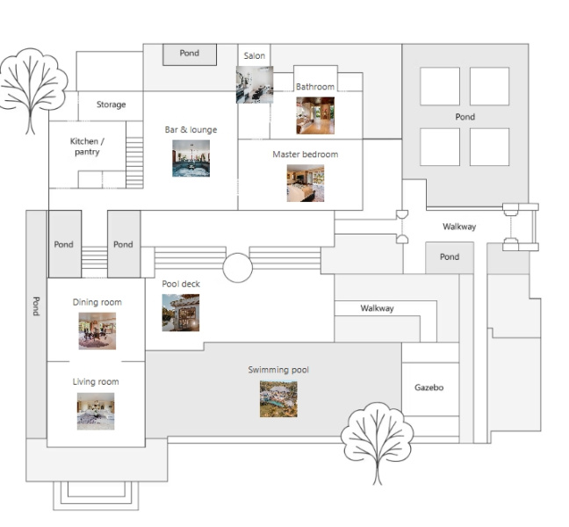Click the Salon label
[x=255, y=56]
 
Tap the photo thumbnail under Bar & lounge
[x=191, y=158]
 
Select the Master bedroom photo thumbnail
[x=306, y=184]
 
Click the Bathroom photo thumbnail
[x=315, y=115]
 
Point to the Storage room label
[x=111, y=105]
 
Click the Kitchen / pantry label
[x=87, y=147]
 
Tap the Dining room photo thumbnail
[x=97, y=331]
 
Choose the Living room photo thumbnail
[x=96, y=411]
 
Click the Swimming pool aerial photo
[x=278, y=399]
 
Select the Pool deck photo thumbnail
[x=181, y=313]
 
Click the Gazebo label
[x=429, y=387]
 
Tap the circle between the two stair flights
[x=238, y=268]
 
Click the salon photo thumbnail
[x=255, y=84]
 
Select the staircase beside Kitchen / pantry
[x=134, y=162]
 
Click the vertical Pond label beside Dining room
[x=36, y=306]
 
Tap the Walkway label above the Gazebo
[x=377, y=308]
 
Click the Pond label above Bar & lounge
[x=190, y=53]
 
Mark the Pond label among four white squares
[x=465, y=117]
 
